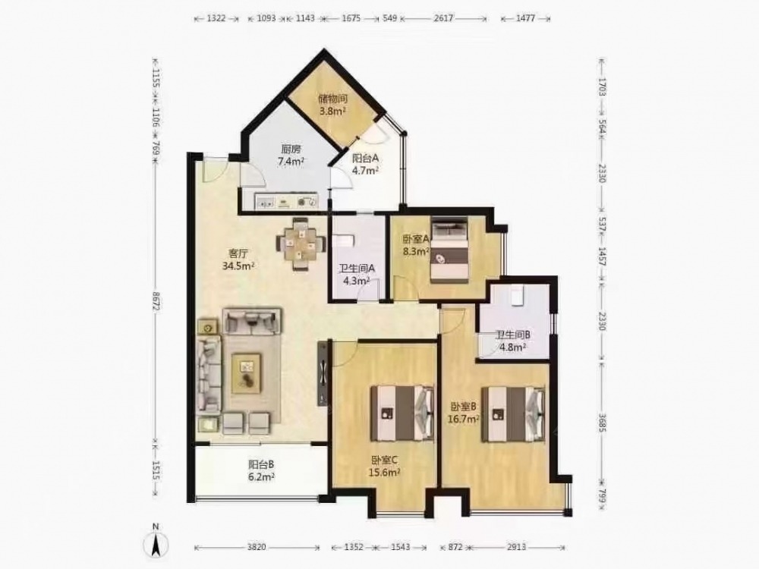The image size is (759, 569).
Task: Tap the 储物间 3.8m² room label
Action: [x=332, y=105]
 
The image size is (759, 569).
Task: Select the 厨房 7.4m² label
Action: [x=291, y=156]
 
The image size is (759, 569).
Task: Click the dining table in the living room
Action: [x=301, y=244]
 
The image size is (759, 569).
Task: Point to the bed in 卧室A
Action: [x=449, y=250]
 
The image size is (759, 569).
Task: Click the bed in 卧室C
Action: [x=402, y=413]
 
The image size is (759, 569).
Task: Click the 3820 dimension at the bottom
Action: [x=257, y=547]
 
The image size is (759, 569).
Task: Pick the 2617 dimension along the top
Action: [x=443, y=18]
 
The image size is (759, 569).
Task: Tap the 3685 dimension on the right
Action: [x=602, y=423]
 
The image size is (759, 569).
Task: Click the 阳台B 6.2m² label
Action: [x=261, y=470]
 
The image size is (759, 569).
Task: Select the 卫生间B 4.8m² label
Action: [x=513, y=341]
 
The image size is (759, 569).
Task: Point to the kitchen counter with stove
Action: [x=285, y=201]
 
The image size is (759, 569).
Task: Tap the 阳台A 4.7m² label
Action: [x=365, y=164]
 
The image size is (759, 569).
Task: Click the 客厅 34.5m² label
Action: [x=238, y=259]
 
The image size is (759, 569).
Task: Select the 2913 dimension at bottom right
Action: [x=516, y=547]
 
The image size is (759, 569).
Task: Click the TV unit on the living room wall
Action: [x=323, y=373]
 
